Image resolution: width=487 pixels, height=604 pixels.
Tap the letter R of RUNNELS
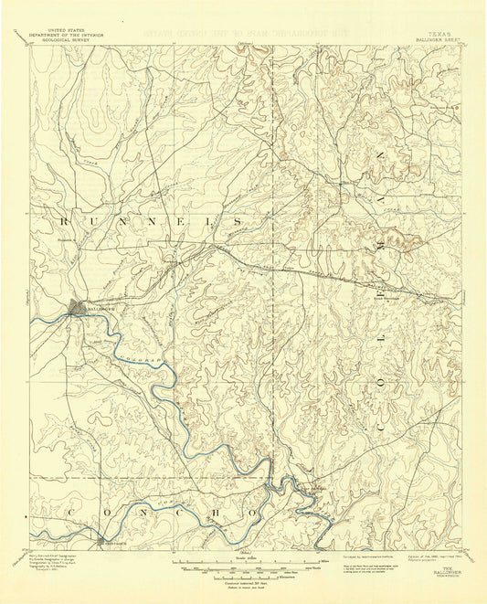pos(65,221)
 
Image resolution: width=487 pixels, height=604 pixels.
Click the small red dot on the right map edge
pos(465,292)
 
